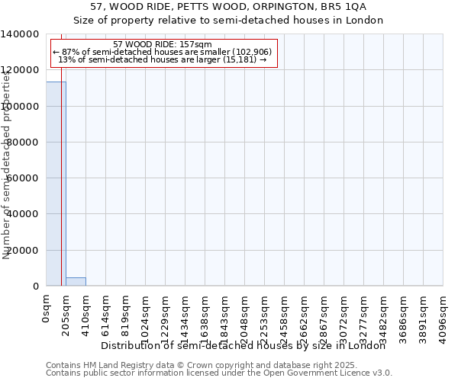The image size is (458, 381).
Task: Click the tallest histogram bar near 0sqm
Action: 56,183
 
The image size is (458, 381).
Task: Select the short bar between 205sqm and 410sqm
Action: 76,281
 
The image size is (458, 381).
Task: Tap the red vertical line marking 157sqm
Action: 61,190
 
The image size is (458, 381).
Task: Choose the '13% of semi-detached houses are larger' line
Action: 162,59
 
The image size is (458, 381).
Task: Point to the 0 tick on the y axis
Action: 36,287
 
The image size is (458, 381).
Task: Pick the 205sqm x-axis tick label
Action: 66,313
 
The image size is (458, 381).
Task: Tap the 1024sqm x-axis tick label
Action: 146,316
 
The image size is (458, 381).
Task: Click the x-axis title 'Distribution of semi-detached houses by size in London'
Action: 244,346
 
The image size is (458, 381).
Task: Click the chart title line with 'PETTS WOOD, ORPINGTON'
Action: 228,7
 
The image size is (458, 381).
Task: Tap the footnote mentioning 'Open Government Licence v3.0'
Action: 219,373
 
